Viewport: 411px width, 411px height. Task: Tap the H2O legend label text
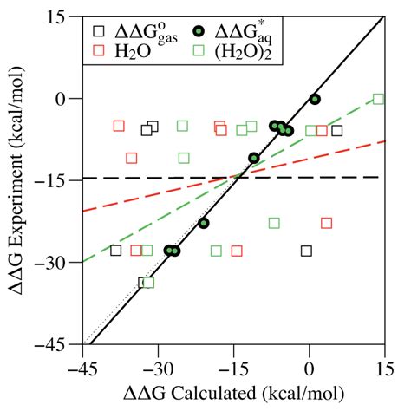pyautogui.click(x=134, y=50)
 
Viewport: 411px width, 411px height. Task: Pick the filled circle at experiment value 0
pyautogui.click(x=315, y=99)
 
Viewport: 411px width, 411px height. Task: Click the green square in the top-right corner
pyautogui.click(x=378, y=100)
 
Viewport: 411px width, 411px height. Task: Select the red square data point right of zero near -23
pyautogui.click(x=327, y=223)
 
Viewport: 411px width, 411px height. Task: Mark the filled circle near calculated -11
pyautogui.click(x=254, y=158)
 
